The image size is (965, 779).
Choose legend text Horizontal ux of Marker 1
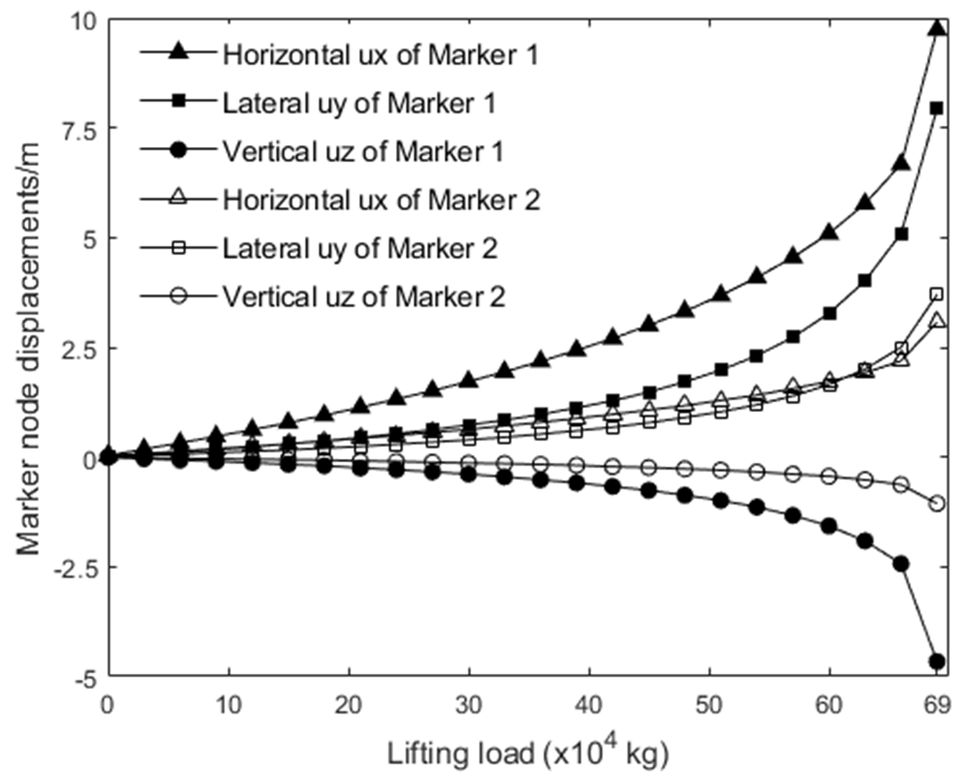coord(380,55)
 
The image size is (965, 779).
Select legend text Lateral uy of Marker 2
coord(360,249)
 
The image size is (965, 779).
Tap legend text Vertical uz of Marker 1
coord(362,152)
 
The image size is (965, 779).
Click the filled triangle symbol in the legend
coord(179,53)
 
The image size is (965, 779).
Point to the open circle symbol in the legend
coord(179,296)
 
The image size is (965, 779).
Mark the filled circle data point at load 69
coord(937,662)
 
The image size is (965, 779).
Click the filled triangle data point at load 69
coord(937,29)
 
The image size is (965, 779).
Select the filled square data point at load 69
coord(937,108)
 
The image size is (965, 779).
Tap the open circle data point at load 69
coord(937,503)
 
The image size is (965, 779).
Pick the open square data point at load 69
coord(937,294)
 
